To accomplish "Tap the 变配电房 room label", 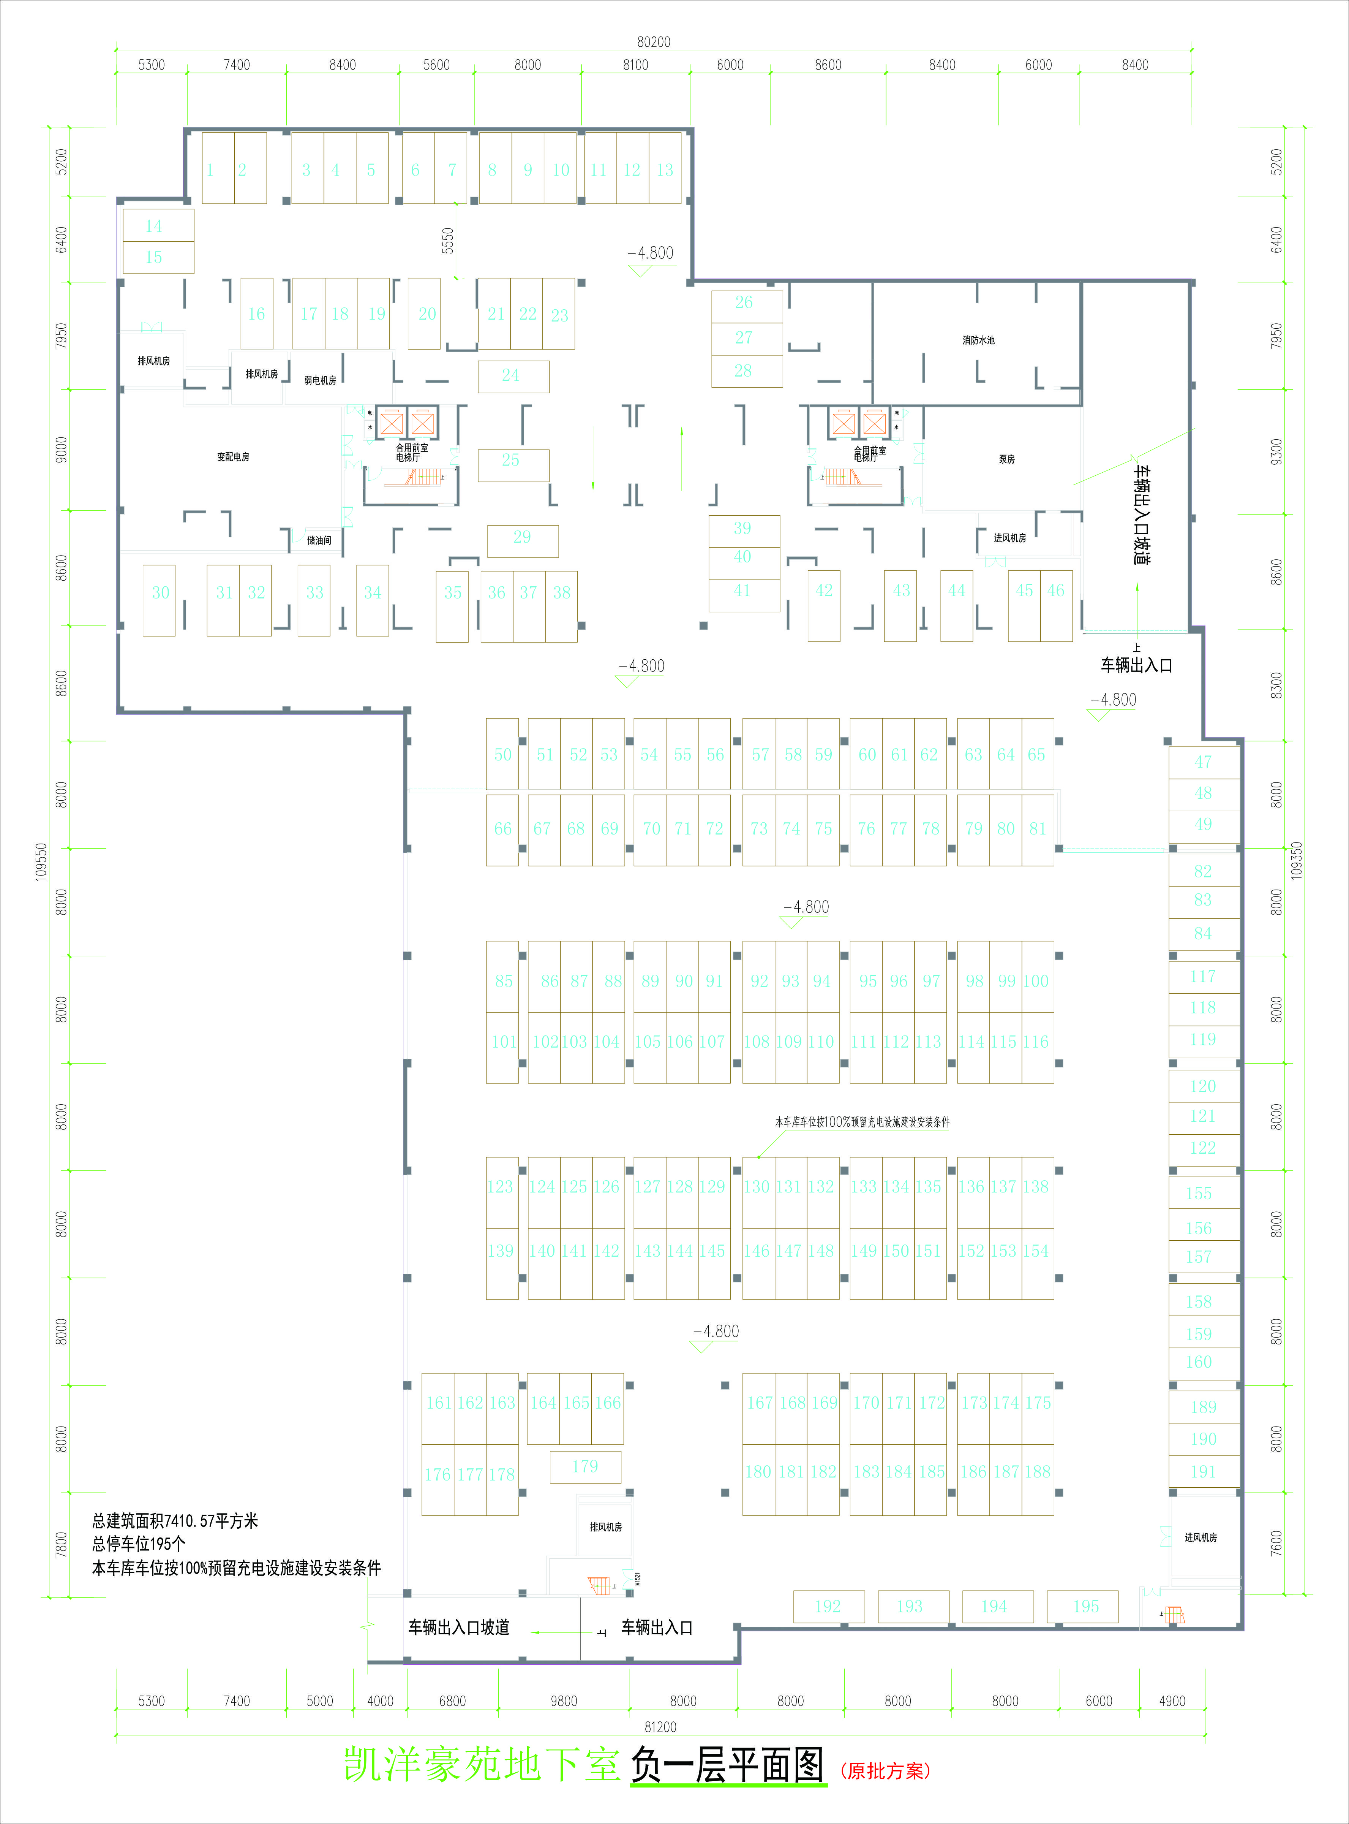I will (233, 457).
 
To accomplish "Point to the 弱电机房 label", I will (320, 380).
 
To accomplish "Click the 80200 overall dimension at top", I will (653, 42).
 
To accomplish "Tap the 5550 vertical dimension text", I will (447, 240).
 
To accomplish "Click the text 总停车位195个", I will (139, 1544).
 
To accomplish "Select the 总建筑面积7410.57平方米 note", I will (175, 1520).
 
